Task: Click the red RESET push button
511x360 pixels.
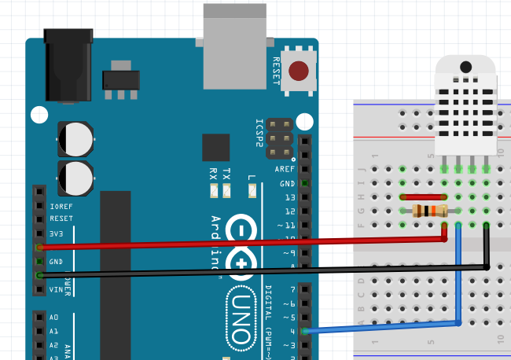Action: click(x=299, y=72)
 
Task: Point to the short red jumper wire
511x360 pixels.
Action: click(x=423, y=197)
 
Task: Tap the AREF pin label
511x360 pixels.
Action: click(x=285, y=169)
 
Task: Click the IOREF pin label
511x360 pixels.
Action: click(x=61, y=205)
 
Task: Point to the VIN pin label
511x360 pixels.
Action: click(x=57, y=290)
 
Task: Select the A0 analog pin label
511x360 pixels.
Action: click(x=53, y=318)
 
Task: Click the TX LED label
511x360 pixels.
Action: click(x=226, y=174)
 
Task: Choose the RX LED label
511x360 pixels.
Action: click(x=213, y=174)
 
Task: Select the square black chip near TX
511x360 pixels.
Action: click(x=215, y=147)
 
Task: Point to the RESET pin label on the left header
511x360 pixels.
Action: click(x=61, y=219)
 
